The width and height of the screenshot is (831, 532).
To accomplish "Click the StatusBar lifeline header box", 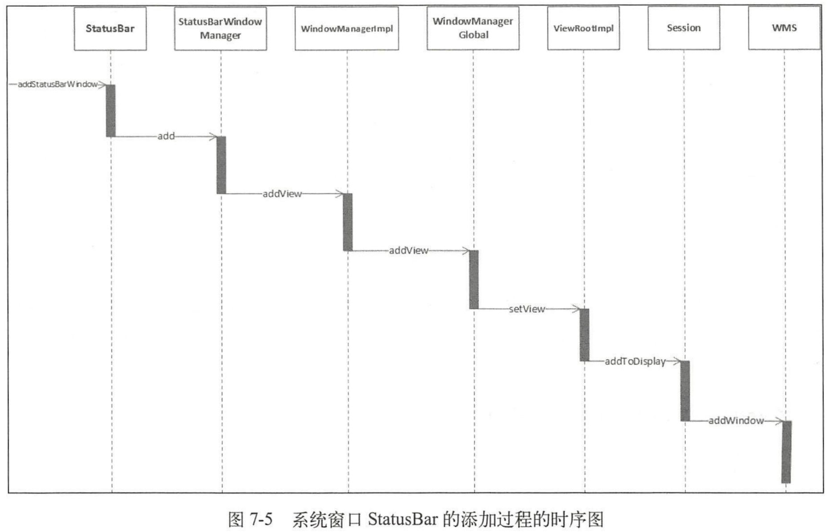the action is [110, 29].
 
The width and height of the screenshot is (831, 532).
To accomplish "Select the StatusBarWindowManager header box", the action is [220, 29].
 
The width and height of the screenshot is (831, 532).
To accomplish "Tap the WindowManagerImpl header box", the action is [346, 29].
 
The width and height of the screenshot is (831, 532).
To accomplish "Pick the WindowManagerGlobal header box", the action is [473, 28].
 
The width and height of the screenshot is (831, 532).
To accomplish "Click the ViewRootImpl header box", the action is [583, 28].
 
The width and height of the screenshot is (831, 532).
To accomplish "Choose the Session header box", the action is [684, 28].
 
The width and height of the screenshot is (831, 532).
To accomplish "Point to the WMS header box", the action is [784, 28].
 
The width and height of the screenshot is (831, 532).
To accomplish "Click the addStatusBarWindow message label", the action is [57, 84].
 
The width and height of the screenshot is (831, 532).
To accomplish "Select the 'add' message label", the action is [166, 136].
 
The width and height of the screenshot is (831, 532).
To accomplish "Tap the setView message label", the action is [527, 309].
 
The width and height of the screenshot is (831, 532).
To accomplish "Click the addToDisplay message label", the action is [635, 361].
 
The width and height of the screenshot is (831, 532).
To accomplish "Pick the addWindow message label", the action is [736, 421].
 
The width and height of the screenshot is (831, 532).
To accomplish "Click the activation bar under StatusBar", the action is [110, 110].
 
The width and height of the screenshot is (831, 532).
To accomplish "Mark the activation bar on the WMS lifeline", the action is [786, 452].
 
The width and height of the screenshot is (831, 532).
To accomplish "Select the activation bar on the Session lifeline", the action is [685, 391].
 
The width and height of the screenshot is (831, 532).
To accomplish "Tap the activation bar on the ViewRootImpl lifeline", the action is [584, 335].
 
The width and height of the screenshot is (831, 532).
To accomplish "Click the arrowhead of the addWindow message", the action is [779, 421].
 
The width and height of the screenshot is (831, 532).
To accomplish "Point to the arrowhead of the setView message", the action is [576, 309].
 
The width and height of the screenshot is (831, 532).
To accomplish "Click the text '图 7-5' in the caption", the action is [250, 520].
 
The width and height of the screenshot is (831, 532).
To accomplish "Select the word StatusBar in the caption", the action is [403, 520].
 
